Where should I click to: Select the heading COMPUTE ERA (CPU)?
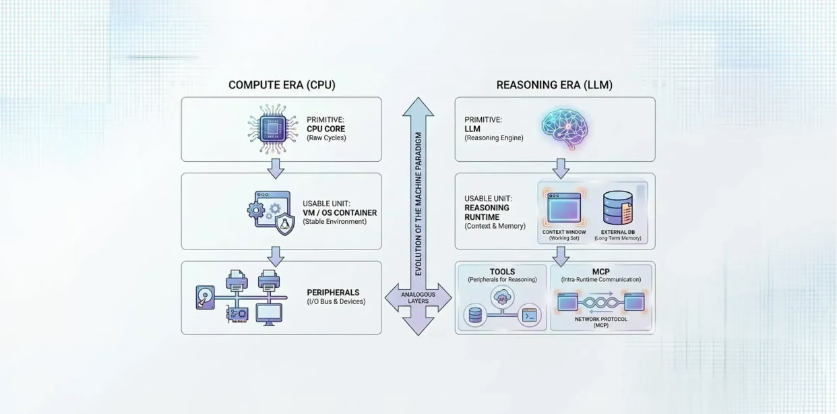click(281, 85)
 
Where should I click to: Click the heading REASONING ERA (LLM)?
click(554, 85)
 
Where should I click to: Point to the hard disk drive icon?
click(204, 298)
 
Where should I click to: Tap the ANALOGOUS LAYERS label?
click(418, 298)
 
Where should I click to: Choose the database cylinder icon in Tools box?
click(476, 315)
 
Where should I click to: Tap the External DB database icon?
click(617, 208)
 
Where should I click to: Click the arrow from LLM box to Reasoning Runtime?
click(561, 168)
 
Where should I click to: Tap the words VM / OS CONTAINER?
click(340, 212)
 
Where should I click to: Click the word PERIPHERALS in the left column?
click(334, 293)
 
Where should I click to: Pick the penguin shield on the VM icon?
click(285, 225)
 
